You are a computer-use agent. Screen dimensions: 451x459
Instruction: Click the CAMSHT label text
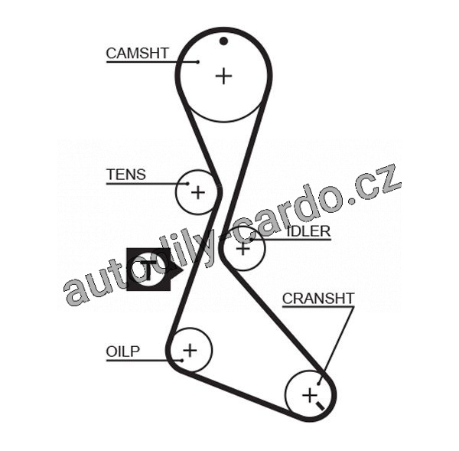(137, 53)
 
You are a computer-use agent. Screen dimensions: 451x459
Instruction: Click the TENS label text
(125, 175)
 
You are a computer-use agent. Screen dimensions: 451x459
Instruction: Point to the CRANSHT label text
(318, 299)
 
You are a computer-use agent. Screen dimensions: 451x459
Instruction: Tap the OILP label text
(122, 351)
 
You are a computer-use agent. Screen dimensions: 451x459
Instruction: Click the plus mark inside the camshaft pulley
(223, 75)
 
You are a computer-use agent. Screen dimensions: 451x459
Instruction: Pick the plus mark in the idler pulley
(243, 247)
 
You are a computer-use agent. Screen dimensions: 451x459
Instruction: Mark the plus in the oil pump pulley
(189, 350)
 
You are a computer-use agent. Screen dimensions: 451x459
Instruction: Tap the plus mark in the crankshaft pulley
(309, 394)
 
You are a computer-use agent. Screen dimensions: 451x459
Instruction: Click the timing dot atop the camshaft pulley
(223, 41)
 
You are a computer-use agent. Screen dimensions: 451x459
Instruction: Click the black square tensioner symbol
(148, 269)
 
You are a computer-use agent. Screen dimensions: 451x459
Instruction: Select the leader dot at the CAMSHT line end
(197, 61)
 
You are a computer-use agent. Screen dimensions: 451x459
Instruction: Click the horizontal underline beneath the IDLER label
(295, 240)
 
